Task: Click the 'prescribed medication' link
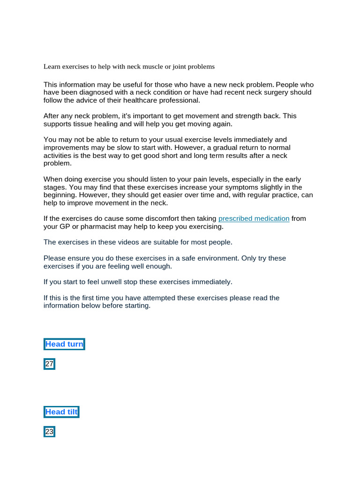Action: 254,218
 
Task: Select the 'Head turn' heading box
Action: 64,344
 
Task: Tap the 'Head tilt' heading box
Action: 61,412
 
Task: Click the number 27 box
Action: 49,364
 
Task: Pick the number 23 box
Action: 49,432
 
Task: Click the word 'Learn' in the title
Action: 52,67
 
